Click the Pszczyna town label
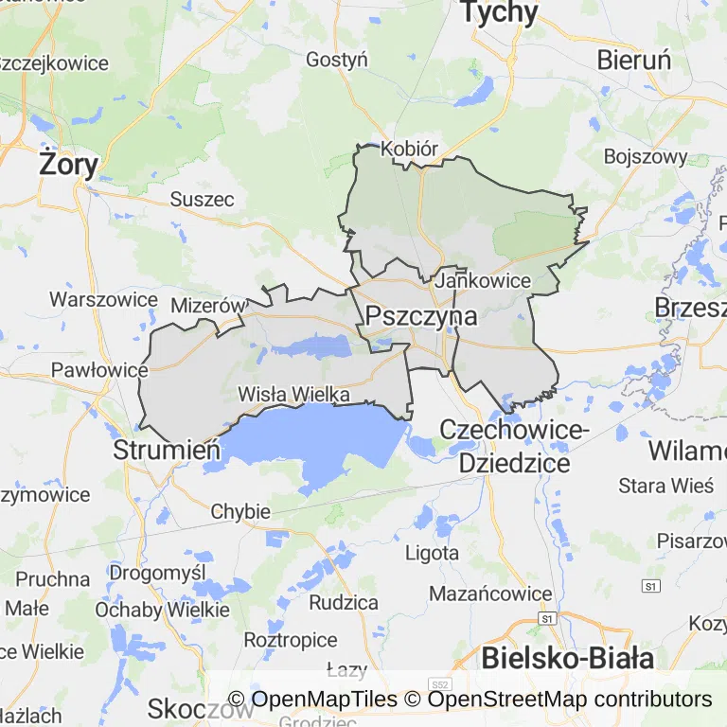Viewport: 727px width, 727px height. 421,316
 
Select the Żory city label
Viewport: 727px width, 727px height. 68,165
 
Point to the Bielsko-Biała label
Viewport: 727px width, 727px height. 567,658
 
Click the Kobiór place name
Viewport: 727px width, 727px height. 410,150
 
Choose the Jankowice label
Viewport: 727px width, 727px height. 484,281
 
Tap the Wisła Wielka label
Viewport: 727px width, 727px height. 294,394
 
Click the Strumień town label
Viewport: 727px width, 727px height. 167,450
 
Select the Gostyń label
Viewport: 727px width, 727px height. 336,60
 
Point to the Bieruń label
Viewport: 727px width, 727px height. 634,60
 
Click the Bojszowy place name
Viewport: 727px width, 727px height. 645,156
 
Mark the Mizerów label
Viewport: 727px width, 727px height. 207,306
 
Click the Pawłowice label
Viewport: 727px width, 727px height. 99,369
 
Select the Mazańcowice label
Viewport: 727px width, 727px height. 490,594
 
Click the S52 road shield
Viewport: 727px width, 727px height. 437,683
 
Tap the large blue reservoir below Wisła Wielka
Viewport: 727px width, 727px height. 312,440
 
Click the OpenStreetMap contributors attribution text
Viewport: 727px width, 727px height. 569,700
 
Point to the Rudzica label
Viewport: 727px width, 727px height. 344,603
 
